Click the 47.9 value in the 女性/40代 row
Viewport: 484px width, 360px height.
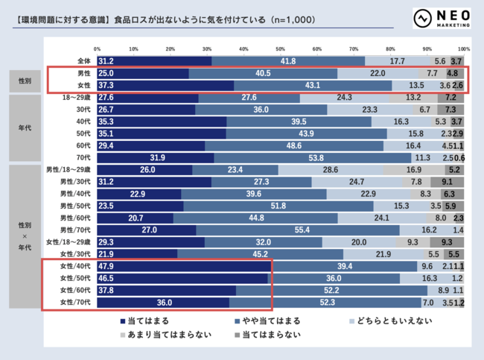tap(107, 266)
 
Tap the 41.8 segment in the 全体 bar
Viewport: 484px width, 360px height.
tap(288, 61)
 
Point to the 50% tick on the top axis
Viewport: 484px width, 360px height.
tap(281, 49)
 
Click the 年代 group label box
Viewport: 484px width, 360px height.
tap(25, 127)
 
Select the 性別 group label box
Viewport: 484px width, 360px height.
tap(25, 80)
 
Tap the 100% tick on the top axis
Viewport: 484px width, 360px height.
tap(464, 49)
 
